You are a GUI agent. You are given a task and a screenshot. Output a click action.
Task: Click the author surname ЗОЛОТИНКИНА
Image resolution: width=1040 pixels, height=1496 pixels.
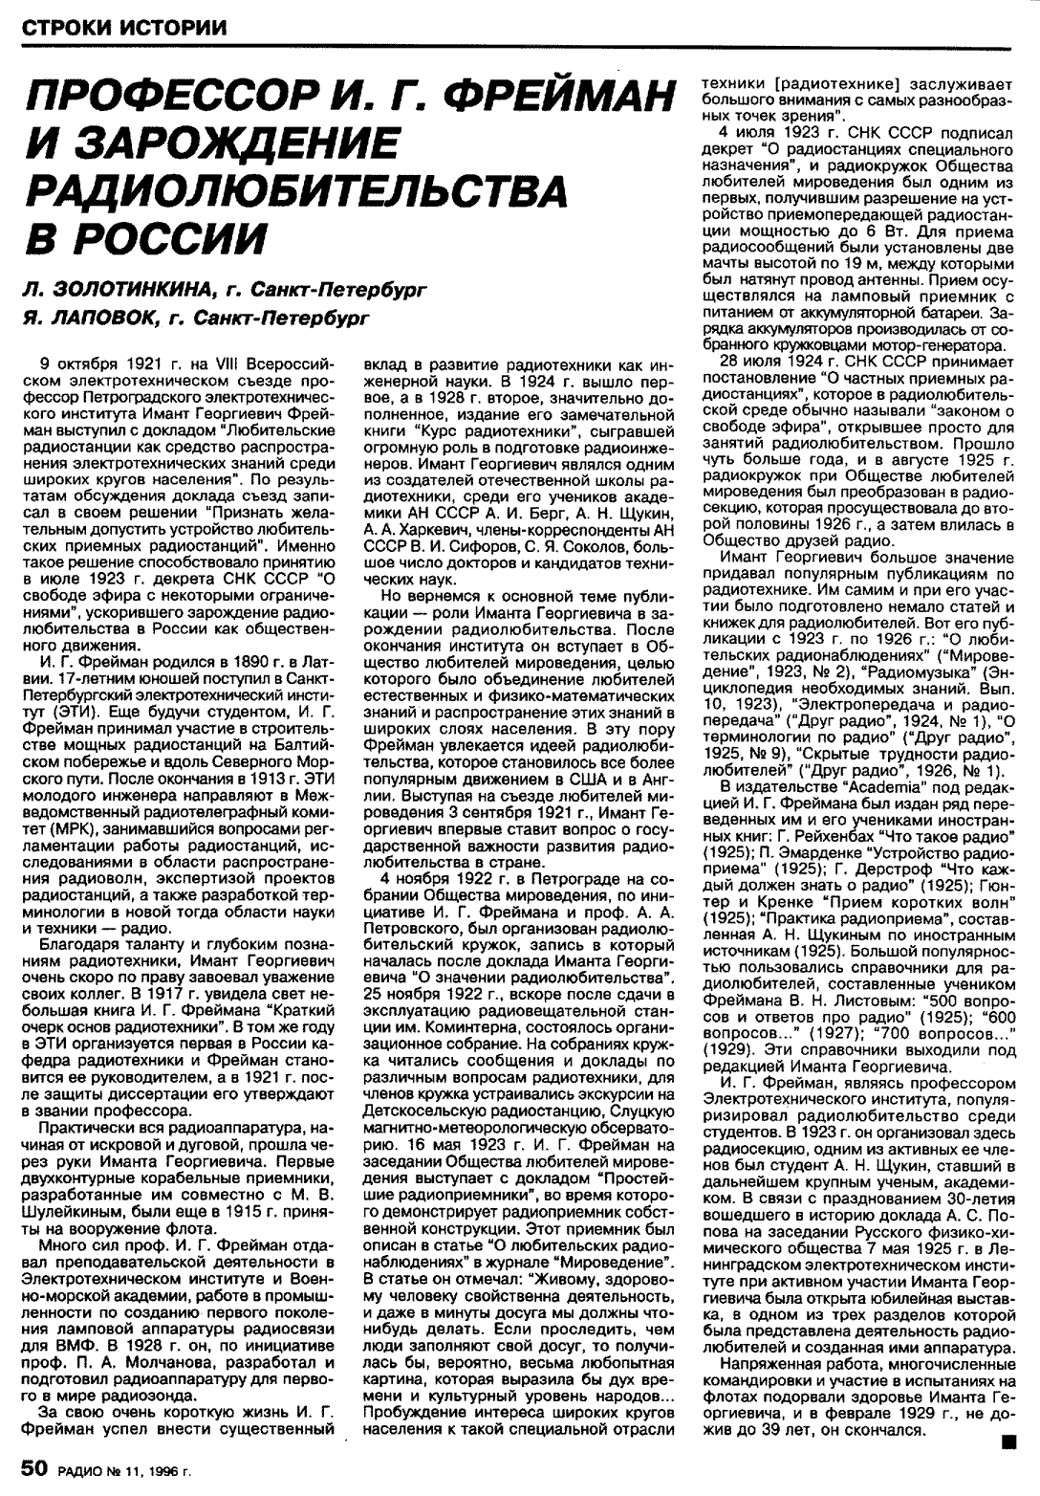point(135,288)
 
